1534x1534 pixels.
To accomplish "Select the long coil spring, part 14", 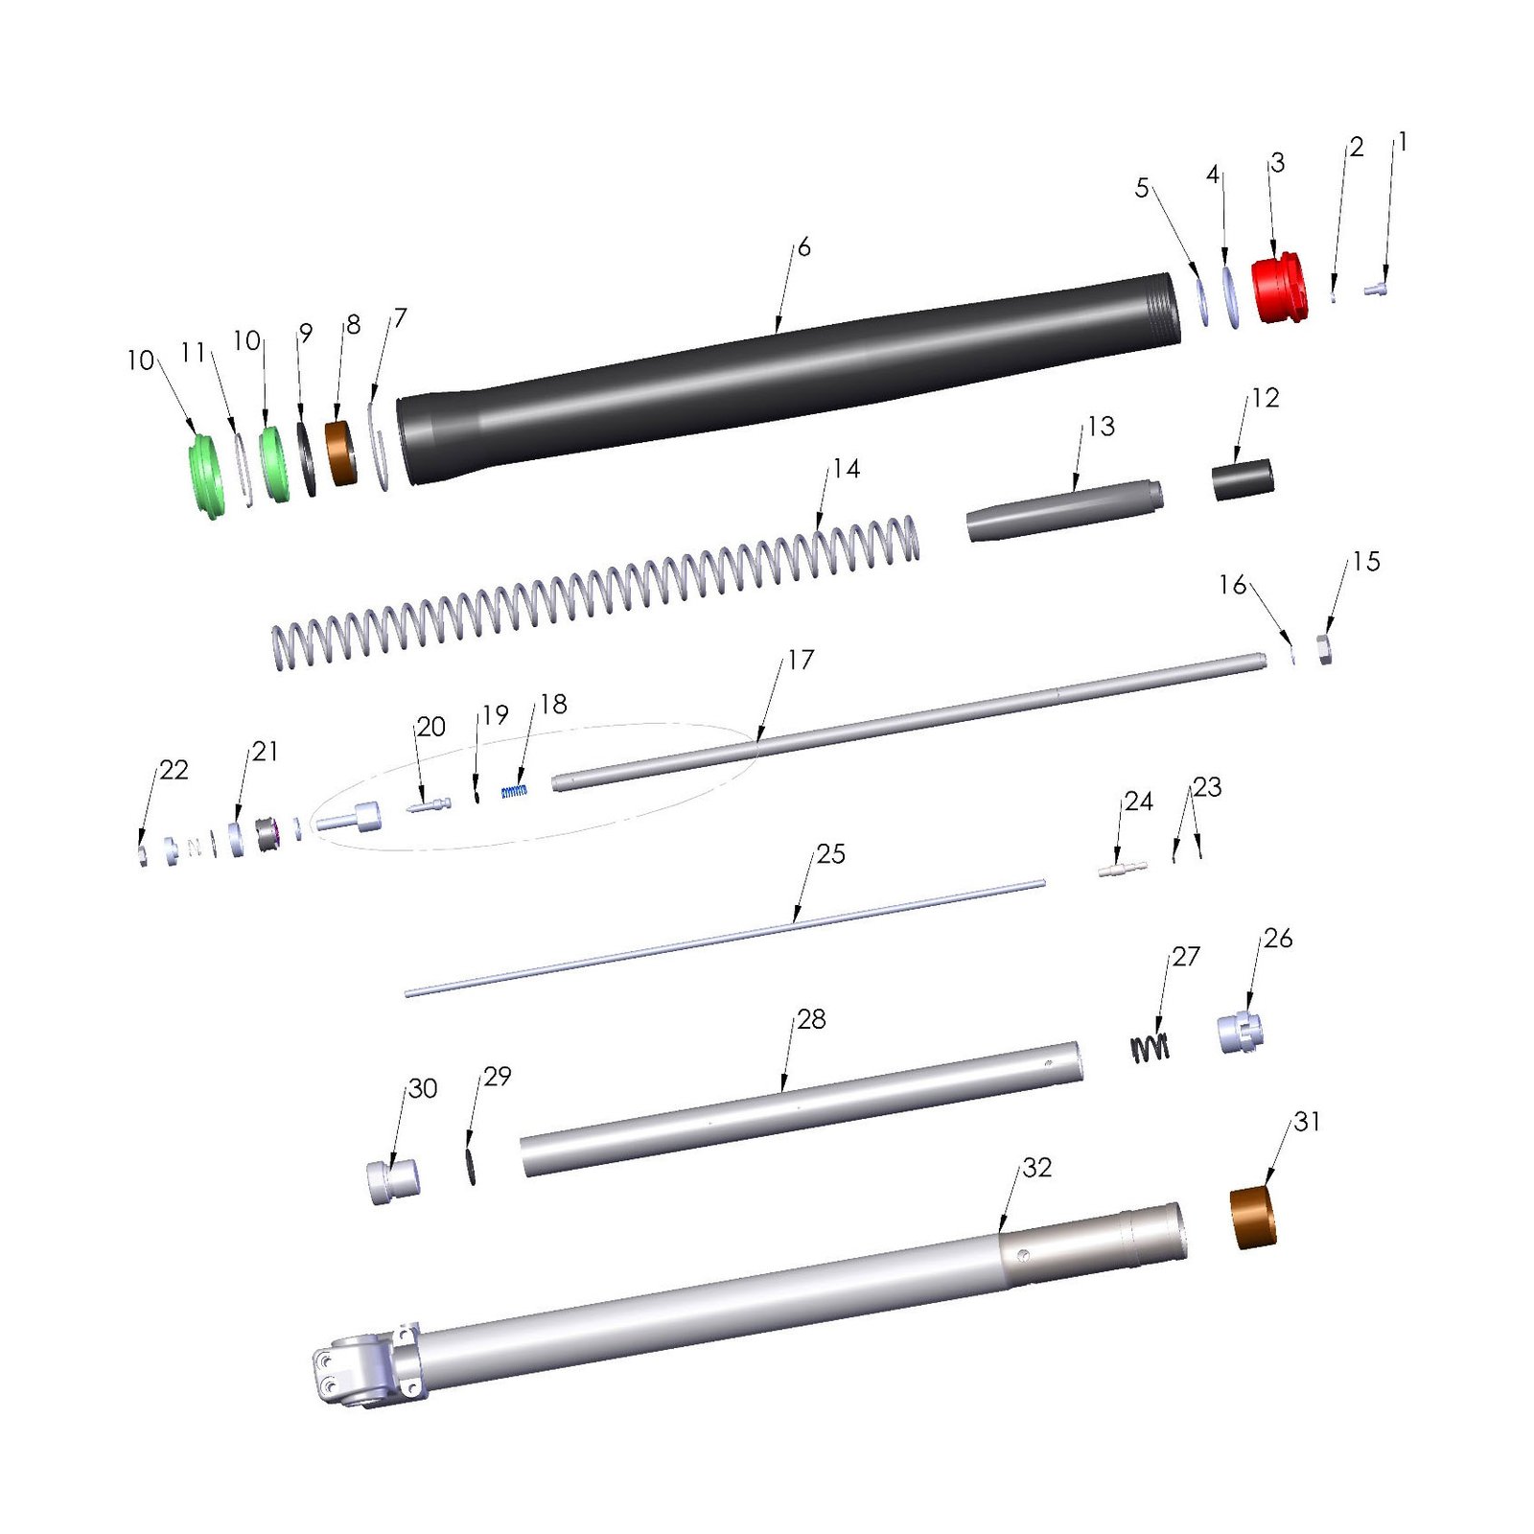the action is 594,593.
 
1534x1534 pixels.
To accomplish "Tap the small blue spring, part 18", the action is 515,791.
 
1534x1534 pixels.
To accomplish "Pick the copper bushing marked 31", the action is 1253,1218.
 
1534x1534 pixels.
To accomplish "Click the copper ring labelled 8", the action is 340,453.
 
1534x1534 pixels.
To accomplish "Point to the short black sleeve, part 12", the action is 1243,479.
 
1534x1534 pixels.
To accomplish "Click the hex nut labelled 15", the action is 1324,650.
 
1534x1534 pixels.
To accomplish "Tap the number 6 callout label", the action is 803,247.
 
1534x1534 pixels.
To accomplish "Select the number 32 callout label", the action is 1036,1167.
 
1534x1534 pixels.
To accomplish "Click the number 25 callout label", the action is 830,853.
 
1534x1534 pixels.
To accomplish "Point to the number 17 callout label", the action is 801,660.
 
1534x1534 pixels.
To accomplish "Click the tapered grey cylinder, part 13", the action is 1064,510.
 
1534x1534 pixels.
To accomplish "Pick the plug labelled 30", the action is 393,1181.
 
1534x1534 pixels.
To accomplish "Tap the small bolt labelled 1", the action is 1376,287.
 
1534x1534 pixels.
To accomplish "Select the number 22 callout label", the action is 174,770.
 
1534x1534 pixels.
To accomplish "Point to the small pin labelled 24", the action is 1122,870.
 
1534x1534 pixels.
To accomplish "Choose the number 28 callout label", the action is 811,1019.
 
